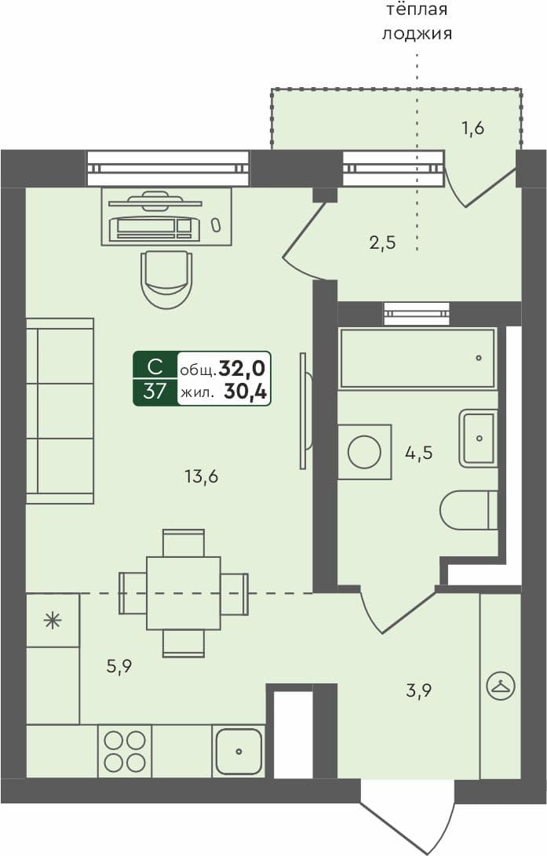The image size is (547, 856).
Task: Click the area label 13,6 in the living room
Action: pos(201,476)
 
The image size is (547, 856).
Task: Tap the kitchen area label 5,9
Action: pos(119,667)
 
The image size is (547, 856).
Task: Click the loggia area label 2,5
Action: pos(382,242)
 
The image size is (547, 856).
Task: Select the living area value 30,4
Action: pos(244,392)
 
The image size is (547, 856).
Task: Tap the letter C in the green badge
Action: pos(155,366)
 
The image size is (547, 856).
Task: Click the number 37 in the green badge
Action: pos(155,391)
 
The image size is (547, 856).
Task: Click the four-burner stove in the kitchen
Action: pos(125,751)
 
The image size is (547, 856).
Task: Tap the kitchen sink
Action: pos(239,751)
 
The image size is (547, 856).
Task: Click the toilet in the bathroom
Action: pos(469,510)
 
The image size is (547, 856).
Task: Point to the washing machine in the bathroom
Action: pos(364,452)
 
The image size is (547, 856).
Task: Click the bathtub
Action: pos(418,359)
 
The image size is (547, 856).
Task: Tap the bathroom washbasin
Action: pos(478,438)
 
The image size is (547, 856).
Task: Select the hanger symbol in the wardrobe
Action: pos(500,687)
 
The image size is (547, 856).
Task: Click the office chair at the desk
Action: pos(166,279)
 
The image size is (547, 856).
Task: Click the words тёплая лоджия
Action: pos(418,22)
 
